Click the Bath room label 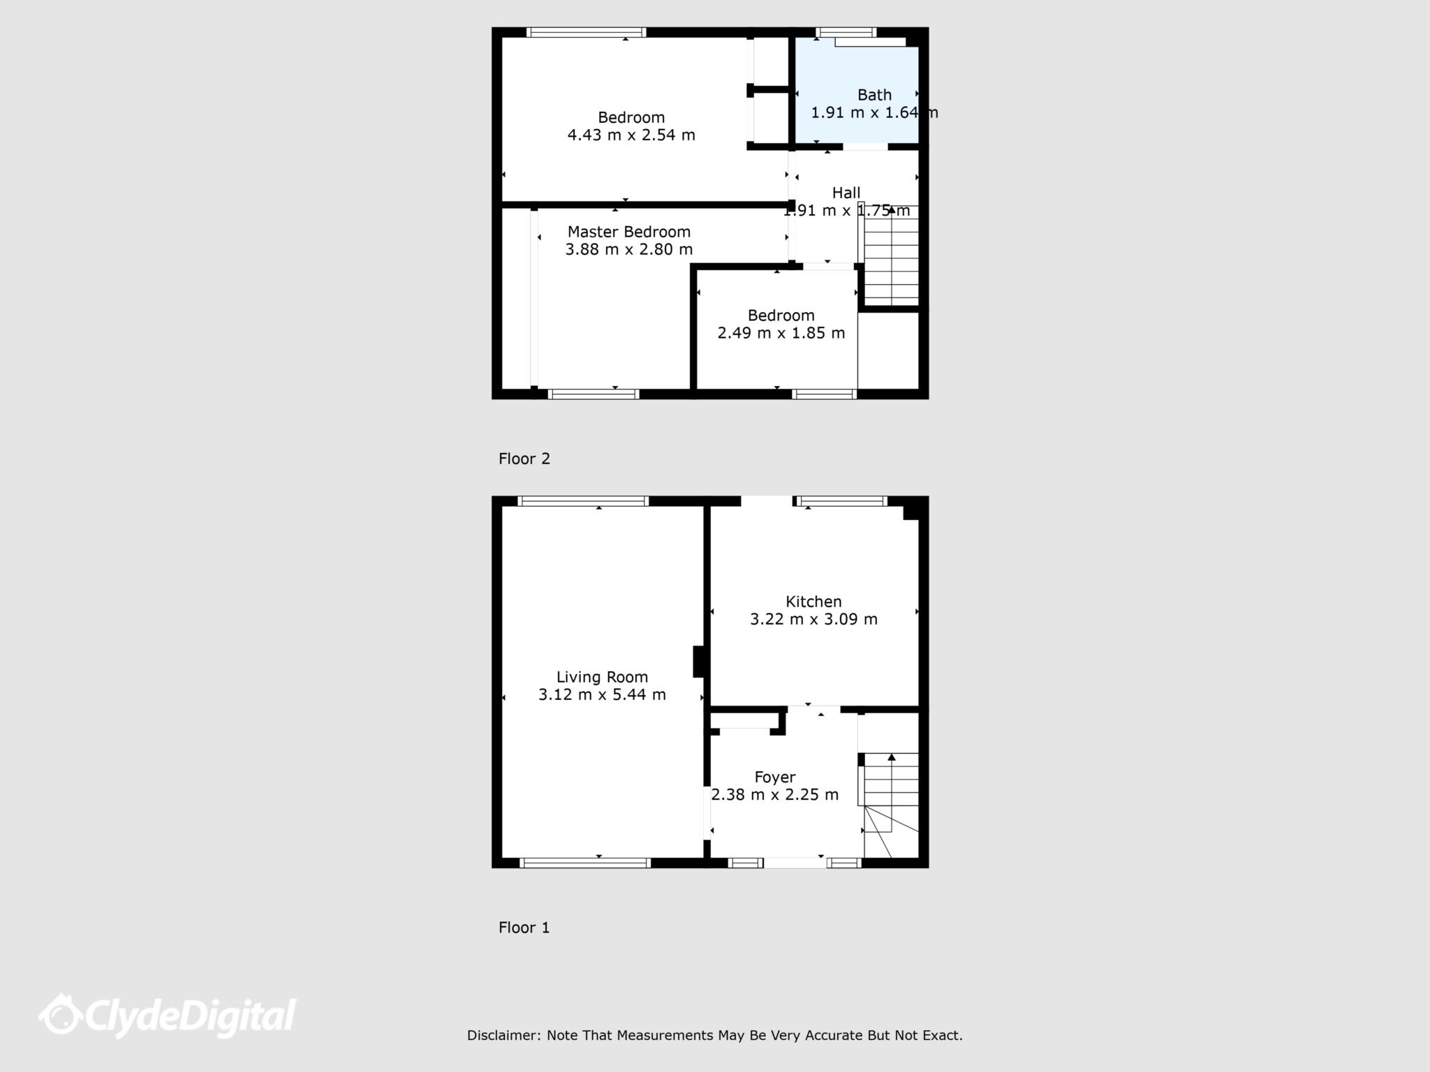click(874, 95)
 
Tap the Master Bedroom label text click(628, 232)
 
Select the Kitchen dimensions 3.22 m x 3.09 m click(813, 619)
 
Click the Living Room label click(602, 677)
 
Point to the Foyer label click(774, 777)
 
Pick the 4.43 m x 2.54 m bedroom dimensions click(631, 135)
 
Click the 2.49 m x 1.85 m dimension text click(781, 333)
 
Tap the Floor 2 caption click(524, 459)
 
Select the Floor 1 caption click(524, 928)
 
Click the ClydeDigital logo click(168, 1015)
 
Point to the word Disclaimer click(503, 1036)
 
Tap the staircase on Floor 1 click(891, 796)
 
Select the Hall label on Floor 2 click(846, 193)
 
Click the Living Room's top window click(583, 501)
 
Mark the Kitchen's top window click(843, 501)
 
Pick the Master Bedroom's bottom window click(594, 394)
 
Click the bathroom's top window click(846, 32)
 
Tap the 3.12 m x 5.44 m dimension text click(602, 694)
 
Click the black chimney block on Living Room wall click(698, 662)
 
